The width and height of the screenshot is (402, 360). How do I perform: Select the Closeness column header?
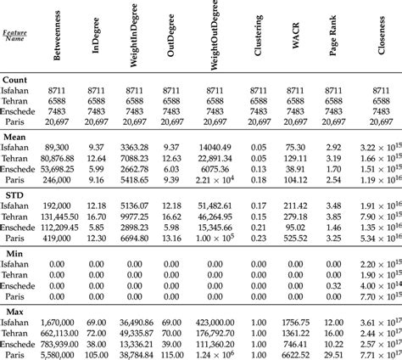pos(379,45)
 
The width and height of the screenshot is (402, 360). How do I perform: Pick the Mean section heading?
pos(14,137)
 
